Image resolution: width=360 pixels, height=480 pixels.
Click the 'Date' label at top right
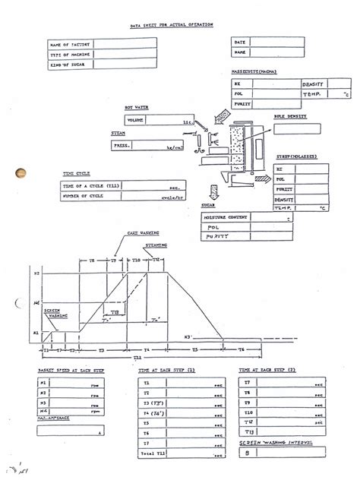[239, 42]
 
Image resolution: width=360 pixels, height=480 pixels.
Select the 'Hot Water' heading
[136, 109]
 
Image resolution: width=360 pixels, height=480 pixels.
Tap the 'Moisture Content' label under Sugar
[229, 216]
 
